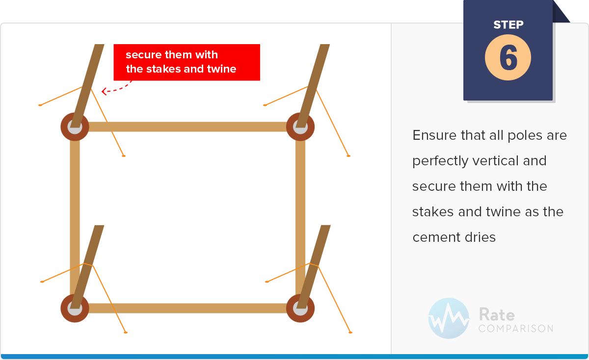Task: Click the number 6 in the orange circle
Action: coord(509,57)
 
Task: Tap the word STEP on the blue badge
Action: coord(509,25)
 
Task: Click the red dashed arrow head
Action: coord(104,91)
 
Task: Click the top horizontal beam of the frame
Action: coord(187,127)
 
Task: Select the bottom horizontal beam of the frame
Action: coord(187,308)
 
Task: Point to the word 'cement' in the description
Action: coord(436,237)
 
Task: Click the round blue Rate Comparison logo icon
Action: coord(449,318)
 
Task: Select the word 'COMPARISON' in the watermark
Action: coord(516,329)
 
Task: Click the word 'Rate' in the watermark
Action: coord(497,314)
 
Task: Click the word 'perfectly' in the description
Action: coord(440,161)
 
